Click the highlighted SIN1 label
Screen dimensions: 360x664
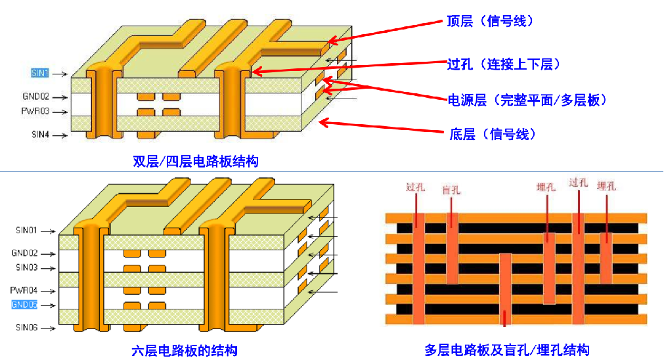(x=40, y=73)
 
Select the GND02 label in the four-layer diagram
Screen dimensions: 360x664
(x=36, y=96)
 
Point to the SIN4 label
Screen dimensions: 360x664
(x=40, y=135)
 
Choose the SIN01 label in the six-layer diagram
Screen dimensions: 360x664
(x=26, y=231)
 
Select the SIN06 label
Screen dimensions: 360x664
(x=26, y=326)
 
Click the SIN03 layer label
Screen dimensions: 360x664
(x=26, y=267)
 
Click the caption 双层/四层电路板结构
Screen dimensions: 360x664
(x=196, y=161)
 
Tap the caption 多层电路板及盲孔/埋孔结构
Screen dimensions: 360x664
(x=506, y=349)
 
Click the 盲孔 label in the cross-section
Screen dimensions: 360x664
(x=451, y=190)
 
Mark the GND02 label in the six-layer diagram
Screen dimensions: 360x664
(x=25, y=253)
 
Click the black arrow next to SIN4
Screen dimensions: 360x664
(x=61, y=135)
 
